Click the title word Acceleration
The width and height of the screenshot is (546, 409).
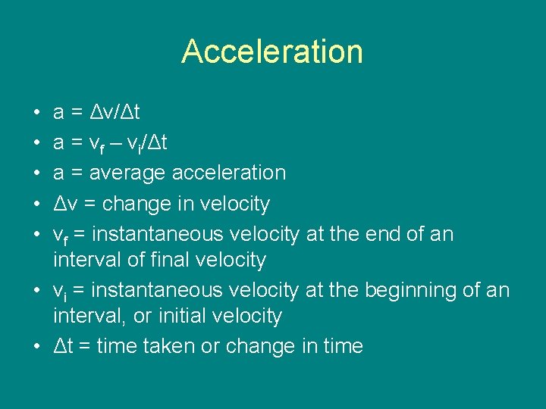272,52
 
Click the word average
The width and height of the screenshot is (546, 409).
127,173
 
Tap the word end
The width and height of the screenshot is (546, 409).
378,234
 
